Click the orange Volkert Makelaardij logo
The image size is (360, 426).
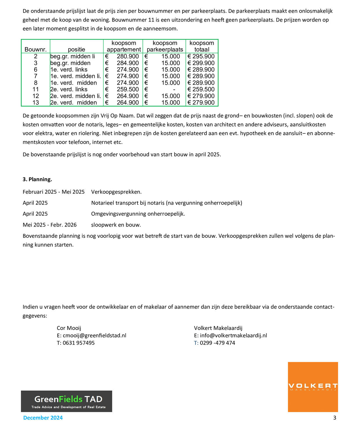313,386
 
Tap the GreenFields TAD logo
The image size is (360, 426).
66,401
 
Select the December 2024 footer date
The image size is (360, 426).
43,418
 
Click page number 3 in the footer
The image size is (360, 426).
334,418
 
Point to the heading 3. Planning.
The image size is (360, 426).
37,179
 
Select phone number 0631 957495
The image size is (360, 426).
79,343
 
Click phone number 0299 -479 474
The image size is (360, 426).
217,343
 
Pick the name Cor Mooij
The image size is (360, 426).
69,328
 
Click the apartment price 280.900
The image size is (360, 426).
127,56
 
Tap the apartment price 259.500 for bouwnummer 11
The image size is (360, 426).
127,89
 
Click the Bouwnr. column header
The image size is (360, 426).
36,49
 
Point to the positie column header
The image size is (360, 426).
77,49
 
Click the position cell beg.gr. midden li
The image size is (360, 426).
73,56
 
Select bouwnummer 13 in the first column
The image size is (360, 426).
36,102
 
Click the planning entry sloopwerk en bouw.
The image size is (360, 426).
116,225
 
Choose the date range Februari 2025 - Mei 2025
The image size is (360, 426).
54,192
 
